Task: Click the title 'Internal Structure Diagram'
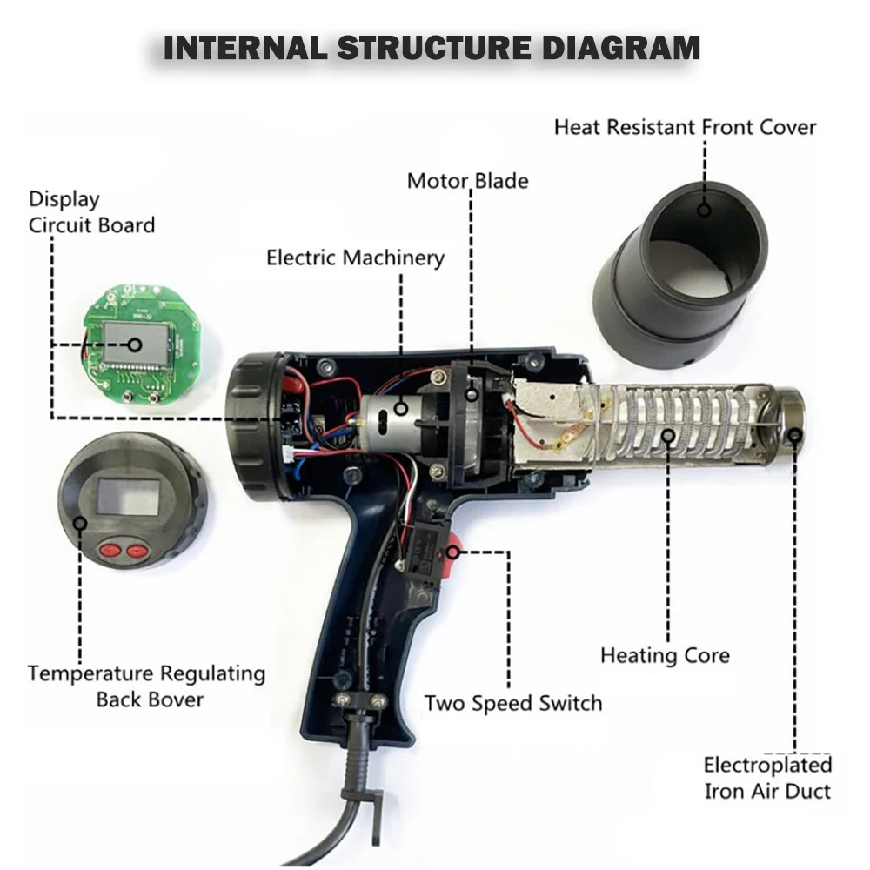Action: click(432, 48)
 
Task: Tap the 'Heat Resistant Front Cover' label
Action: click(685, 127)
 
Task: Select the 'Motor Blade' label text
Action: click(467, 181)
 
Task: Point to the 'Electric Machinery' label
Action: click(355, 258)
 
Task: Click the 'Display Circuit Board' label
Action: click(91, 212)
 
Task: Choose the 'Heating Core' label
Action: click(665, 655)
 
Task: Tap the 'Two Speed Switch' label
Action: click(513, 702)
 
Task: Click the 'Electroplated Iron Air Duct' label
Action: click(766, 778)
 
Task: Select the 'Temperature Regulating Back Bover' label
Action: click(146, 686)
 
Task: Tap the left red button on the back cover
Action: click(110, 549)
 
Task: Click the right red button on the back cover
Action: click(137, 550)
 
